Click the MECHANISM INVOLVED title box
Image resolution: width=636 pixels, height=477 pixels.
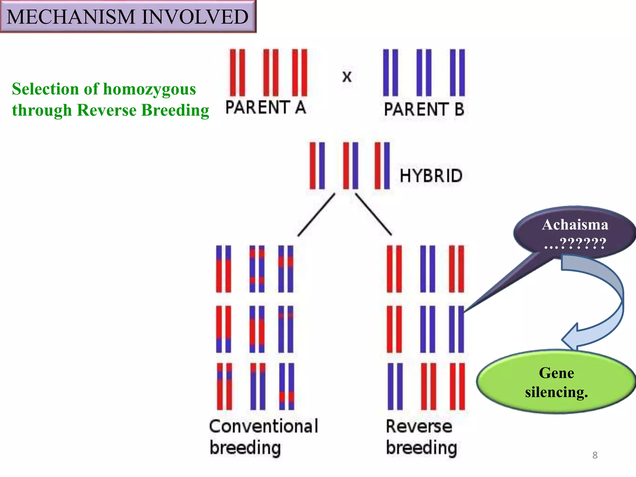pos(128,16)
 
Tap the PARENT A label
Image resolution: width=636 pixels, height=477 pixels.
pos(266,108)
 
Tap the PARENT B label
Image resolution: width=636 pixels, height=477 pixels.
pos(424,109)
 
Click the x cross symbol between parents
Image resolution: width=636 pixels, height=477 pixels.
pos(347,77)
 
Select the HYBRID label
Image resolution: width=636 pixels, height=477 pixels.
pos(431,176)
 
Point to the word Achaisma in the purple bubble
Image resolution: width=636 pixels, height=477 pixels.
pos(575,225)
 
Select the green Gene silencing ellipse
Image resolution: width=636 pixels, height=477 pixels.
pos(556,382)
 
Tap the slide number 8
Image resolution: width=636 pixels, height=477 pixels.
pos(595,455)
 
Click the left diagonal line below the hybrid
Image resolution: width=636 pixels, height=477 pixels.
pos(316,215)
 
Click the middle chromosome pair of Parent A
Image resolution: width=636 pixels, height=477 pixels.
pos(271,72)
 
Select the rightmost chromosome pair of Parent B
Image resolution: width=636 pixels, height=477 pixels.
pos(457,72)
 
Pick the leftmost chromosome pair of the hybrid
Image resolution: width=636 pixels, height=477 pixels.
pos(317,166)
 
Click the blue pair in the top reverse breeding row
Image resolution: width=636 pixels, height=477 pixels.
pos(427,269)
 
